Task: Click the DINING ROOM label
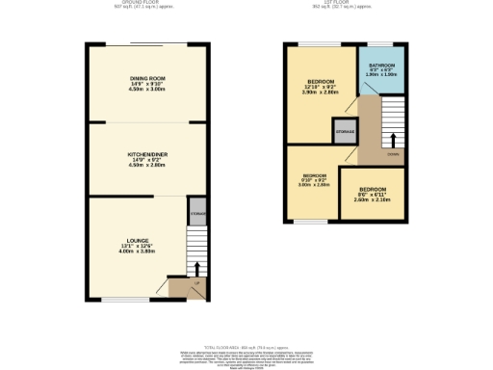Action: pyautogui.click(x=148, y=77)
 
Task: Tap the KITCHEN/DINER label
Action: pyautogui.click(x=148, y=153)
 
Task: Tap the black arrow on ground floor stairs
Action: pyautogui.click(x=197, y=270)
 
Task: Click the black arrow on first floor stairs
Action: pyautogui.click(x=391, y=139)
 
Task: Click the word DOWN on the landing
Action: pyautogui.click(x=392, y=153)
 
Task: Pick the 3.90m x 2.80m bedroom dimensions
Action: pyautogui.click(x=320, y=93)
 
